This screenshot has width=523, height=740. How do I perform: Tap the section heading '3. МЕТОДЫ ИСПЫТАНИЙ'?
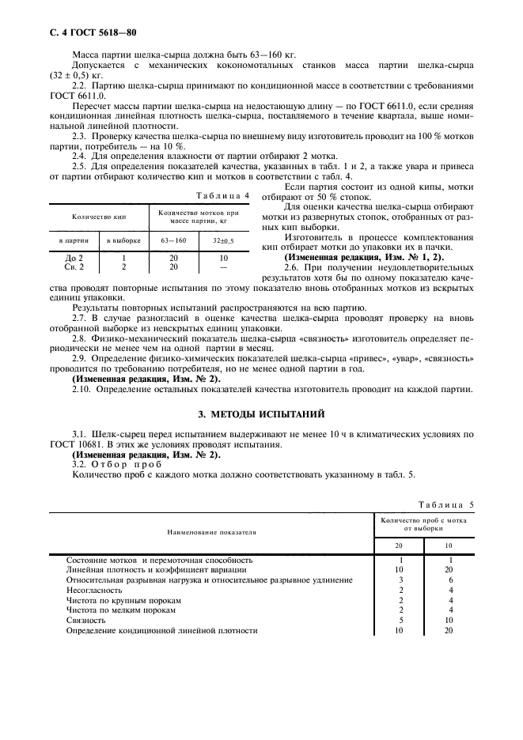[261, 413]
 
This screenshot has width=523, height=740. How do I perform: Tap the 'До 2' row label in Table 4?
[74, 258]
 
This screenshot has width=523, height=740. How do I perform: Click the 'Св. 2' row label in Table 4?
[74, 266]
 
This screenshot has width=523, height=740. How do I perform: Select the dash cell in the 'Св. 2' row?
[224, 266]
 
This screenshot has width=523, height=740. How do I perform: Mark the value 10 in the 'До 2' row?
[224, 258]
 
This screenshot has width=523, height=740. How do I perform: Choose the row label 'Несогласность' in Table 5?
[94, 590]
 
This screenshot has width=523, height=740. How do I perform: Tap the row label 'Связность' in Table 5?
[85, 621]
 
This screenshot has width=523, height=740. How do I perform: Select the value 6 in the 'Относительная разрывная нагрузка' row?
[450, 580]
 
